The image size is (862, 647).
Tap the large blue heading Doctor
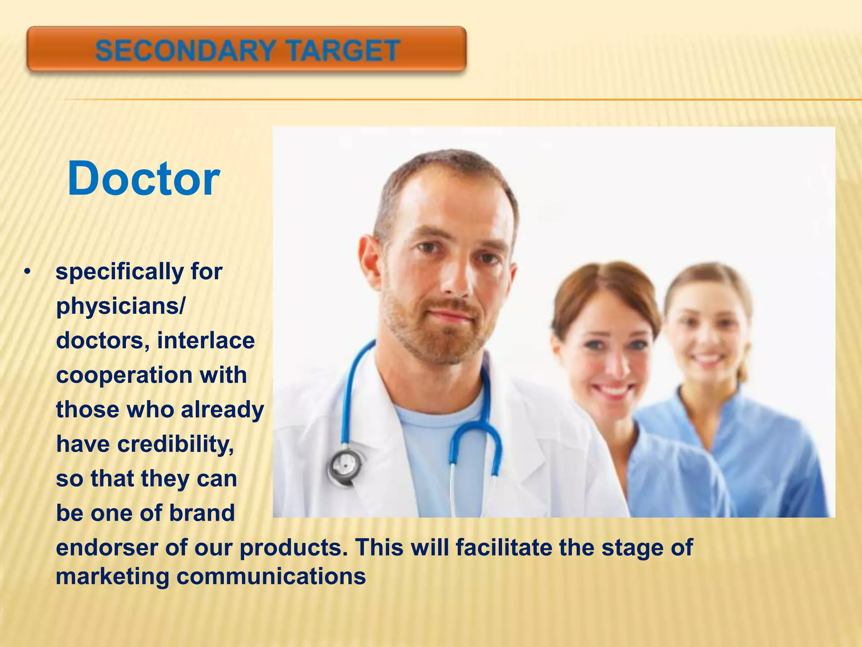tap(143, 179)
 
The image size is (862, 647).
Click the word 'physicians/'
tap(120, 306)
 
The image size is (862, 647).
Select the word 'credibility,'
tap(176, 444)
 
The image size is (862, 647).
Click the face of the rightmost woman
tap(707, 333)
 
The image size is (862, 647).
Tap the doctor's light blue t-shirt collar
tap(438, 411)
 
